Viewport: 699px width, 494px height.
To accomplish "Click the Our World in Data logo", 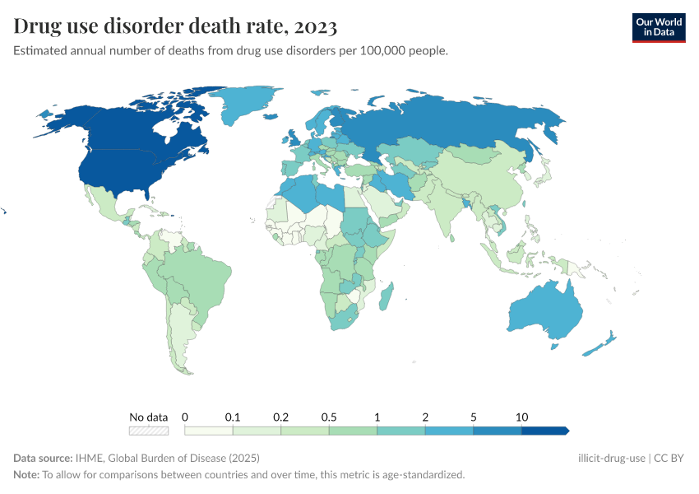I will click(x=658, y=27).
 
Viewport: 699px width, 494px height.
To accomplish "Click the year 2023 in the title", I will click(x=314, y=27).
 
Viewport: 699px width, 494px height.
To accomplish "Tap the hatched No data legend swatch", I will click(x=149, y=431).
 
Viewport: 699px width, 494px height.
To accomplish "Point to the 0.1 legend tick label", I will click(x=234, y=417).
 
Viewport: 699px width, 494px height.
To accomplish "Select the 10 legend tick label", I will click(x=521, y=417).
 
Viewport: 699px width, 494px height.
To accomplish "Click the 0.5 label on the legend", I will click(x=329, y=417).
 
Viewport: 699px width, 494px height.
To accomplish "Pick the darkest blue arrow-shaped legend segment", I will click(x=545, y=431).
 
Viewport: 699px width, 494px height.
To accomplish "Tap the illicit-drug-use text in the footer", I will click(x=612, y=458).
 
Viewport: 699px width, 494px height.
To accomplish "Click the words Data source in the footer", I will click(x=43, y=458).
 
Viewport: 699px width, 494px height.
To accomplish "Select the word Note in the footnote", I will click(x=26, y=475).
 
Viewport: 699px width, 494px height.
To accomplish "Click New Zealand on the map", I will click(x=600, y=346).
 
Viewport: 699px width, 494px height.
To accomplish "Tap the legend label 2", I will click(x=425, y=417).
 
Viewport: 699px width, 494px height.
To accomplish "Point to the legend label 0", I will click(x=185, y=417).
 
